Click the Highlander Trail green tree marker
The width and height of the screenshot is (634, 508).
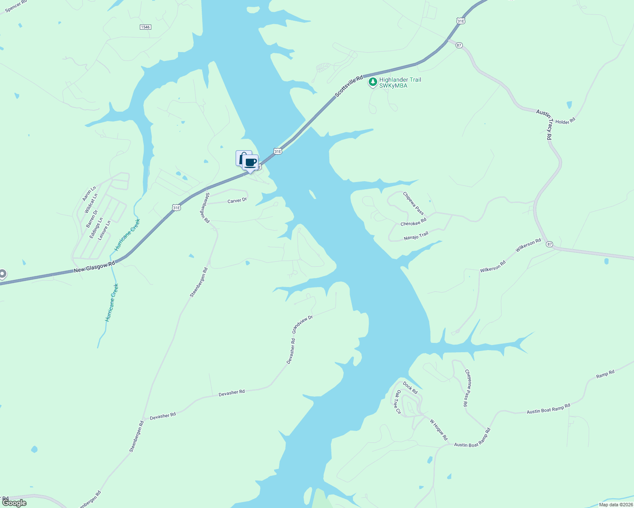coord(373,82)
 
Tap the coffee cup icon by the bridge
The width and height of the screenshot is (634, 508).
coord(250,163)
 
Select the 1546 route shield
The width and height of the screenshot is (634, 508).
coord(145,27)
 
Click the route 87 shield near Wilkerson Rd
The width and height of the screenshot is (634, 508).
coord(550,244)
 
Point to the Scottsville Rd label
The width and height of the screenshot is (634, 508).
coord(349,87)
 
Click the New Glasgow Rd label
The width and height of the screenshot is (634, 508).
coord(94,267)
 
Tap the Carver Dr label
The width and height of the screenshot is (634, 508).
coord(237,201)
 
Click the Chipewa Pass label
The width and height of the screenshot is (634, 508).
coord(413,203)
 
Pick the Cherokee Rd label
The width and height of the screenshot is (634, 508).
coord(413,222)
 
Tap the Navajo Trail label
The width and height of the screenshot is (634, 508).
coord(416,236)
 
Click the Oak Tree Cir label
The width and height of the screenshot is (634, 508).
coord(398,402)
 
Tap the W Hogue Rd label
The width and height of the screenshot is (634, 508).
coord(438,430)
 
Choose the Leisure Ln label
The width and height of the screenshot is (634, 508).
coord(104,230)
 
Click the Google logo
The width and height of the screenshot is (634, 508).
coord(14,503)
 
